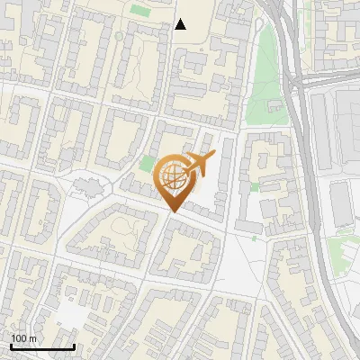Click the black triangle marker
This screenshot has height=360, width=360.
point(181,24)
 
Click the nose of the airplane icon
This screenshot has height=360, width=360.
point(213,156)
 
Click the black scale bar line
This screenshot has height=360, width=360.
point(42,346)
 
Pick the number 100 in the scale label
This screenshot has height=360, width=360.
point(20,338)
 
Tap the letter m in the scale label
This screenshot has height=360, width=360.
point(32,338)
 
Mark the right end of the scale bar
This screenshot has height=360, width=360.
point(74,346)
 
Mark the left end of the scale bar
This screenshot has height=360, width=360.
point(11,346)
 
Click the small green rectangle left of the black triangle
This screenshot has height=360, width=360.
point(139,10)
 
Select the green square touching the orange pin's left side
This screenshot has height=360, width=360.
point(148,164)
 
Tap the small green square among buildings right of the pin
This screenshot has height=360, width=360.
point(255,186)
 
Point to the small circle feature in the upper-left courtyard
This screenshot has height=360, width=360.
point(119,36)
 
